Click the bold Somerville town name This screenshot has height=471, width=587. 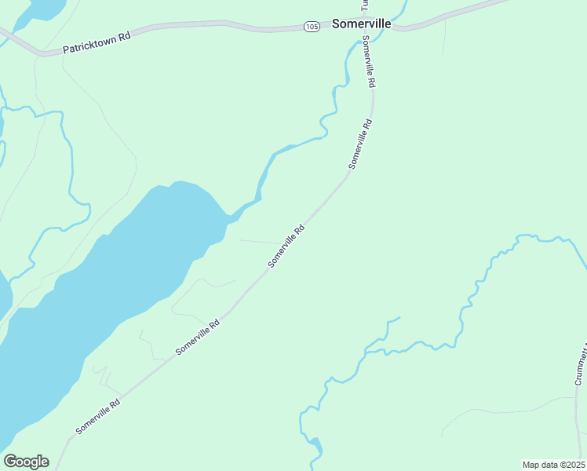point(361,24)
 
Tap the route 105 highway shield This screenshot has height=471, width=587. point(312,27)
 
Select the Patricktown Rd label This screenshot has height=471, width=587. point(96,40)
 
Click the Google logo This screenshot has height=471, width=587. point(26,462)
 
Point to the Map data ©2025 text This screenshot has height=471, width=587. point(553,465)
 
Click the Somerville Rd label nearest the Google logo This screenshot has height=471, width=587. point(98,417)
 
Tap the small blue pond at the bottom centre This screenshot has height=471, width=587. point(315,450)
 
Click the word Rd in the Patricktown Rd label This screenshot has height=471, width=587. point(124,35)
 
